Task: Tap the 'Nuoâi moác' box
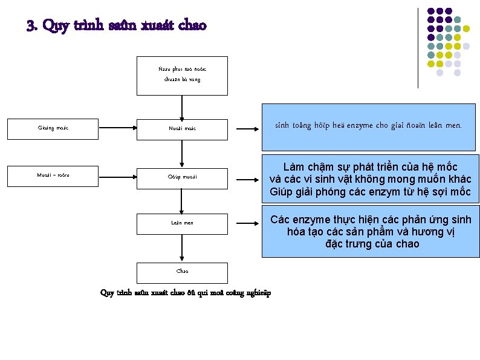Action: [182, 128]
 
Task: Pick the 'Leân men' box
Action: [182, 223]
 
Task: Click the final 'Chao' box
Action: [182, 272]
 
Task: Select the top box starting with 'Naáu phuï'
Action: [182, 75]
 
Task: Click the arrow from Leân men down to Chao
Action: [182, 248]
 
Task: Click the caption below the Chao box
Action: [186, 293]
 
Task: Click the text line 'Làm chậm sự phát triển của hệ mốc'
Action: [371, 167]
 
